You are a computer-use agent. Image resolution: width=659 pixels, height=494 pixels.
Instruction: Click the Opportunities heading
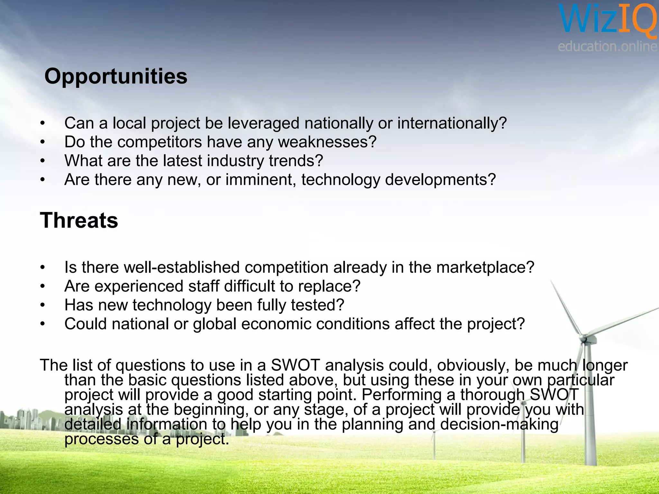click(116, 77)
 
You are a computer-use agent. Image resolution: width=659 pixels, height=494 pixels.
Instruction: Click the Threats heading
click(79, 221)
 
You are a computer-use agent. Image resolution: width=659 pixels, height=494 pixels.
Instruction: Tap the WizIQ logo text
click(608, 19)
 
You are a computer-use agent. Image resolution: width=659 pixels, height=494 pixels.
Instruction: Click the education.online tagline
click(608, 47)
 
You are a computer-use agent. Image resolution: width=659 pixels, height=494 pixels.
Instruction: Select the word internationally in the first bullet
click(452, 123)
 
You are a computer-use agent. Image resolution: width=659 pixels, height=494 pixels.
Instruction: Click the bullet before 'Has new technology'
click(42, 305)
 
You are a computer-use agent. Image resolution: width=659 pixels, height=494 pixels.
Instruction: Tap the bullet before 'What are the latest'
click(42, 161)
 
